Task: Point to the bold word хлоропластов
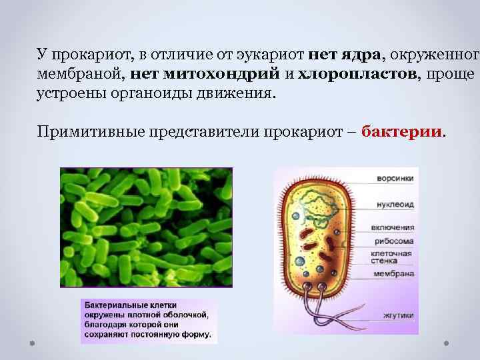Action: click(x=358, y=73)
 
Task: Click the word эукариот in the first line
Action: click(x=271, y=54)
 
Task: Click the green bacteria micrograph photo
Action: click(x=146, y=227)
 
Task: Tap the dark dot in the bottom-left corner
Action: click(x=32, y=343)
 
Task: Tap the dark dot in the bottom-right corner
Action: click(x=446, y=343)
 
